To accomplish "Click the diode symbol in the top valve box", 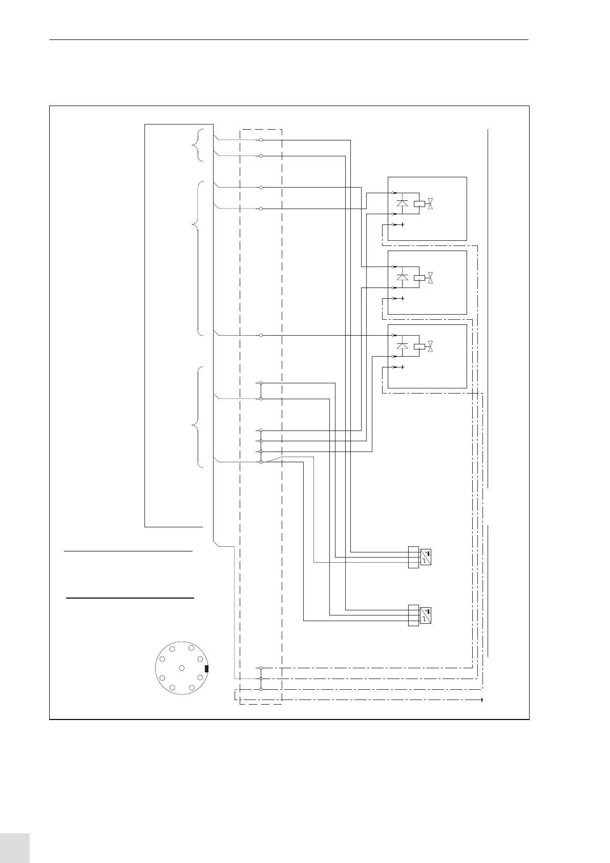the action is click(403, 203).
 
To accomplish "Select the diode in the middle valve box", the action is click(403, 277).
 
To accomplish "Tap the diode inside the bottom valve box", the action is click(403, 346).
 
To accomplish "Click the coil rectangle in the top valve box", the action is click(419, 203).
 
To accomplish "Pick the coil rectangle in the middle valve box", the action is click(419, 277).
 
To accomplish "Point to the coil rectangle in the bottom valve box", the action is click(419, 346).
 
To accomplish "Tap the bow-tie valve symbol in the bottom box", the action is click(431, 347).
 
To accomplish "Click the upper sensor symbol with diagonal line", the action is click(425, 557).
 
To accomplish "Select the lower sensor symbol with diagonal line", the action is click(425, 615).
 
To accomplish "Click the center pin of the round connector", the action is click(182, 668).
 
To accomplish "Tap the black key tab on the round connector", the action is click(206, 669).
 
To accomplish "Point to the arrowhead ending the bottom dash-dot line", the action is click(482, 699).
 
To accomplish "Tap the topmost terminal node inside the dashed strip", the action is click(261, 139).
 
